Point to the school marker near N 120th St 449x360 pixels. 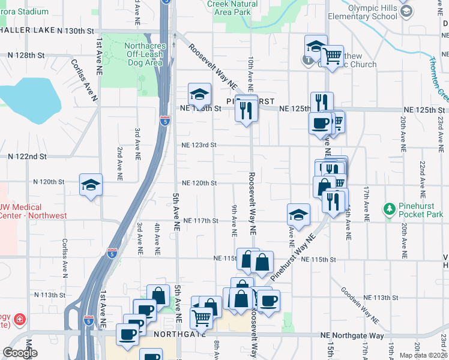(91, 185)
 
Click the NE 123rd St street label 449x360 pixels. (199, 145)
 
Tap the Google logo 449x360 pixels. (20, 353)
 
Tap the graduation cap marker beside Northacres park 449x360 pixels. (199, 94)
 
